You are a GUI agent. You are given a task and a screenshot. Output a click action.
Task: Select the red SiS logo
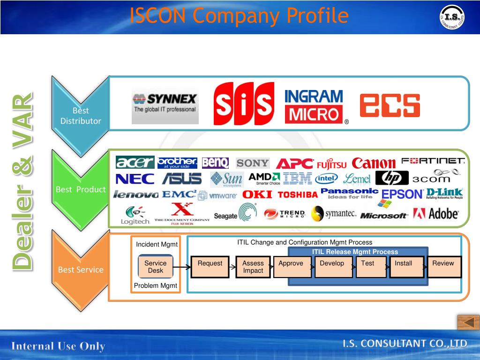point(244,104)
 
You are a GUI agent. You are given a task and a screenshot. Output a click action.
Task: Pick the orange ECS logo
point(390,105)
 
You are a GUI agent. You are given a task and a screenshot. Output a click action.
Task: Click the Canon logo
point(374,163)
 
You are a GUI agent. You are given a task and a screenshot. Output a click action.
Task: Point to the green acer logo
point(135,162)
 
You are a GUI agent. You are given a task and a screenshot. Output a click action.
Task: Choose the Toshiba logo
point(298,195)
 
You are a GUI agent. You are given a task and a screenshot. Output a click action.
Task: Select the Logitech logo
point(135,215)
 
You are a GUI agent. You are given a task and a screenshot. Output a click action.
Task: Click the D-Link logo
point(444,193)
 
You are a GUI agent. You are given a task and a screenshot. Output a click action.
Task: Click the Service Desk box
point(156,267)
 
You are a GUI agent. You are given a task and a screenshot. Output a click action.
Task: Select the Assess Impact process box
point(253,267)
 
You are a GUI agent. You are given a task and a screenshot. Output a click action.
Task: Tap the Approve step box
point(292,267)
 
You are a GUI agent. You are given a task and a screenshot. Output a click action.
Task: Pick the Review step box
point(443,267)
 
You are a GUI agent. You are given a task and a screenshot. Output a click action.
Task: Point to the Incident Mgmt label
point(157,244)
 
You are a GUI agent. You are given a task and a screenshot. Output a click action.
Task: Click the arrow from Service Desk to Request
point(182,268)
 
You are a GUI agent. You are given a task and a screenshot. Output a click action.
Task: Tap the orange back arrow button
point(468,322)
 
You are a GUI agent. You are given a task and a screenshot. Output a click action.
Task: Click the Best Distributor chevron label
point(81,116)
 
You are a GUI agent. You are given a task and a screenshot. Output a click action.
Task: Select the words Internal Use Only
point(58,346)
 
